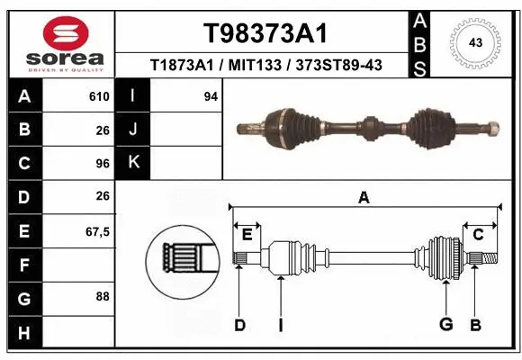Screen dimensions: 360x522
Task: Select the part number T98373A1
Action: click(264, 33)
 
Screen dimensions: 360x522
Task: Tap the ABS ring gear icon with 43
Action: click(474, 41)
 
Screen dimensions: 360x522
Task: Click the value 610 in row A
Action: click(98, 96)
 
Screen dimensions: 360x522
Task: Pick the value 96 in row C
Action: click(102, 163)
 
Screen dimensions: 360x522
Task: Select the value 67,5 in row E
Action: click(96, 231)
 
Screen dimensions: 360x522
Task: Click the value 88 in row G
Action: click(102, 296)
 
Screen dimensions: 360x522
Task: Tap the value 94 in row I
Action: click(211, 96)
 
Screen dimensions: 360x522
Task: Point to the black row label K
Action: click(134, 163)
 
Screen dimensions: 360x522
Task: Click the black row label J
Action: click(134, 130)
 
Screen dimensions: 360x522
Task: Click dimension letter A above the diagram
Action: click(364, 198)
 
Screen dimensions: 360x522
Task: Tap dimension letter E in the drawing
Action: click(247, 234)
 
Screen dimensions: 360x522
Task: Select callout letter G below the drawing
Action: click(445, 325)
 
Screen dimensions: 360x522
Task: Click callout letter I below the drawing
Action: click(280, 325)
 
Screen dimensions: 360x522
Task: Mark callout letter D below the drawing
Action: click(239, 325)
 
